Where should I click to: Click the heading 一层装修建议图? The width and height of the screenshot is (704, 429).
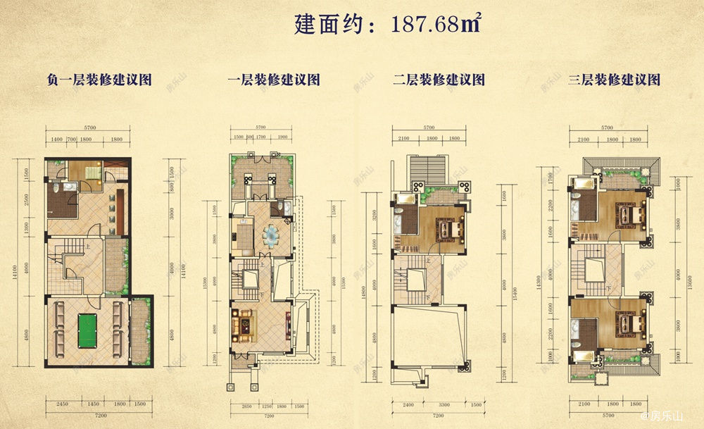pyautogui.click(x=265, y=80)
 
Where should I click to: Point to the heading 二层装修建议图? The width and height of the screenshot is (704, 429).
pyautogui.click(x=439, y=80)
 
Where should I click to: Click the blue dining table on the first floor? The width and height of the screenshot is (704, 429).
pyautogui.click(x=272, y=235)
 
